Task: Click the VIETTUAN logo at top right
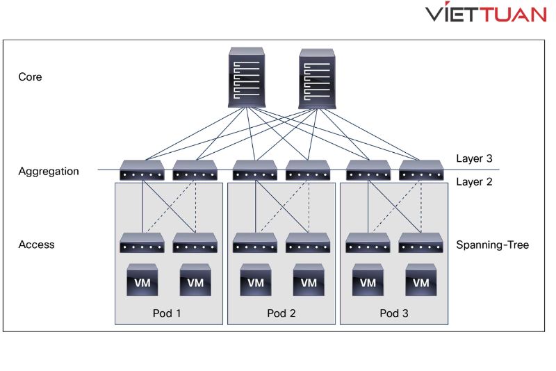486,15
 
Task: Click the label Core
30,77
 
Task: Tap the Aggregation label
49,171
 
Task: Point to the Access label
36,245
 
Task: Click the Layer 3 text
474,158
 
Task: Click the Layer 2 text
474,182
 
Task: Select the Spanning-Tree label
492,245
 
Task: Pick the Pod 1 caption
167,313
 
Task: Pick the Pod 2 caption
281,313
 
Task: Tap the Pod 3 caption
394,313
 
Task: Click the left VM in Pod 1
142,281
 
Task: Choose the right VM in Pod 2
309,281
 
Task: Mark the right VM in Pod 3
421,281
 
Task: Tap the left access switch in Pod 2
255,243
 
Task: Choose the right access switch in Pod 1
195,243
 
